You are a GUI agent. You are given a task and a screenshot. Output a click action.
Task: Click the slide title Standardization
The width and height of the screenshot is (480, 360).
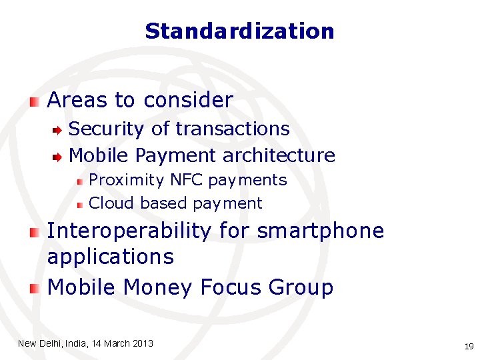239,31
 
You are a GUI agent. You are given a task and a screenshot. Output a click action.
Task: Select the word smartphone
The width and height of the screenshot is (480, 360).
321,231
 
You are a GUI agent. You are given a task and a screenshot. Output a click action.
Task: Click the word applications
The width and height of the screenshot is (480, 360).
110,257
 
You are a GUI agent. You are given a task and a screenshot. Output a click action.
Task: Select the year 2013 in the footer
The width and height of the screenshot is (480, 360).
143,343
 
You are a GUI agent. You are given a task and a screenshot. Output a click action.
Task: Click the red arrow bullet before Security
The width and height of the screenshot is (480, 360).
59,129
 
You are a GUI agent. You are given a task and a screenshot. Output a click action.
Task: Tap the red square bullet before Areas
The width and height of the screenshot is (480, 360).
34,101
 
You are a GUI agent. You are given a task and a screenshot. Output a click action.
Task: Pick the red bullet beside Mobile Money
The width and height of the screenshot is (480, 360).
34,288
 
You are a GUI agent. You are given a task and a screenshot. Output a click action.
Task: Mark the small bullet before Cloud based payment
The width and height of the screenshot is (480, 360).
79,203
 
